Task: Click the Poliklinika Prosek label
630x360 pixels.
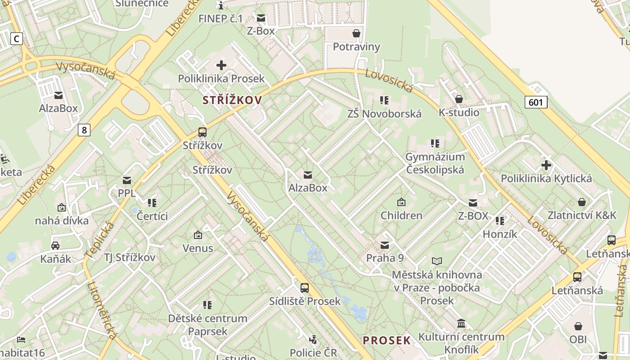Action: coord(221,79)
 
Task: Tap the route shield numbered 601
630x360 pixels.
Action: coord(535,102)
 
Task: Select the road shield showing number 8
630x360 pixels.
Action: coord(84,130)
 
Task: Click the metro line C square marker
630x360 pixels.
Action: coord(17,39)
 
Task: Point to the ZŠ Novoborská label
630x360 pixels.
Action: coord(384,114)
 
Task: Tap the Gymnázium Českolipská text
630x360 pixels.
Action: coord(435,163)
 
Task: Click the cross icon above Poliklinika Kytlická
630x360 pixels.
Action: coord(546,165)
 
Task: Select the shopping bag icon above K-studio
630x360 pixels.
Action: coord(459,99)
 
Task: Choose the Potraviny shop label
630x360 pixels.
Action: coord(356,47)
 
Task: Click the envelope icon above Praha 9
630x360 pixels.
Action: coord(385,245)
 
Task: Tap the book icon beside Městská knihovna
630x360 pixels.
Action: coord(437,261)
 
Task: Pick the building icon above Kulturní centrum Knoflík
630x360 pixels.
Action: coord(461,324)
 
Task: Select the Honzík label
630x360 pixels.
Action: coord(500,234)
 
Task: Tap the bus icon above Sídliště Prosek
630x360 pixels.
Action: coord(305,288)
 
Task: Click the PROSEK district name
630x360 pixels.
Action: coord(387,340)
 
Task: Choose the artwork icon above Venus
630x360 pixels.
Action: coord(198,235)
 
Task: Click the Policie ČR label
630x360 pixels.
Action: coord(313,352)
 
